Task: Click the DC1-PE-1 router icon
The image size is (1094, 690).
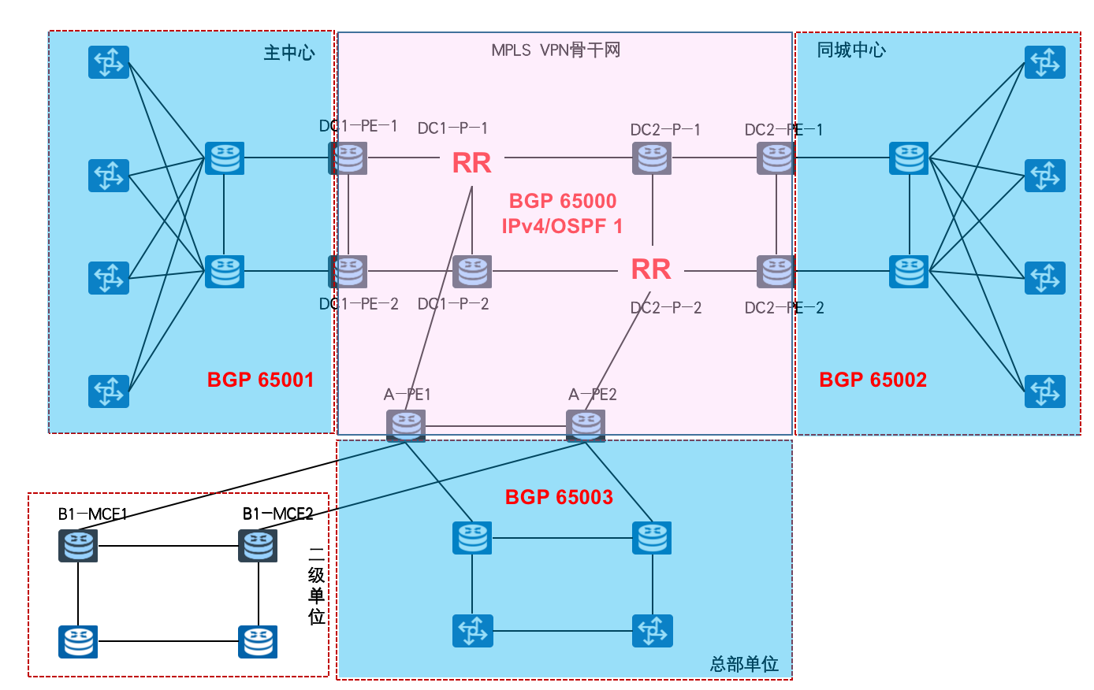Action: tap(348, 158)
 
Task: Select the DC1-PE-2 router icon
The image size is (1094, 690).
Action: tap(348, 272)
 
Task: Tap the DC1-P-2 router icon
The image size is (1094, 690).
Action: tap(472, 272)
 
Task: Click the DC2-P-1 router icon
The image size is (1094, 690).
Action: tap(652, 158)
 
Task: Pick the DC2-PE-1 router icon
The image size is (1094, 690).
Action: tap(776, 158)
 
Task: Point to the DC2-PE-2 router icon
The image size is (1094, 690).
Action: tap(776, 272)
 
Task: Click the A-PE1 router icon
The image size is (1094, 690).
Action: tap(406, 425)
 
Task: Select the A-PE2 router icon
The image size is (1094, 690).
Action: tap(586, 425)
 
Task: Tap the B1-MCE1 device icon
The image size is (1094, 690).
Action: tap(78, 545)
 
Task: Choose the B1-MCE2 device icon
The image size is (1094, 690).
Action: tap(258, 545)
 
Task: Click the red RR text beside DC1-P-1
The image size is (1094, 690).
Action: tap(471, 163)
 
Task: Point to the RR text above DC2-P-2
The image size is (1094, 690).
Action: tap(651, 269)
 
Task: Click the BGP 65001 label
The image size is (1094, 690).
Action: tap(261, 380)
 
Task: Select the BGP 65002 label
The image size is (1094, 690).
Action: tap(873, 380)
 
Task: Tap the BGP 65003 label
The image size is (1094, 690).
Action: tap(559, 497)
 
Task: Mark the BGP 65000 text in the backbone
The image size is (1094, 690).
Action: tap(563, 201)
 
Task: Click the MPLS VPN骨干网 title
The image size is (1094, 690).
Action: tap(556, 50)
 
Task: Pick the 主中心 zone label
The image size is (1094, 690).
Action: tap(288, 53)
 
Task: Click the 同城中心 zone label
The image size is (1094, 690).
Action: tap(851, 50)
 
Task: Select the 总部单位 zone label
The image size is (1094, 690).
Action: tap(744, 664)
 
